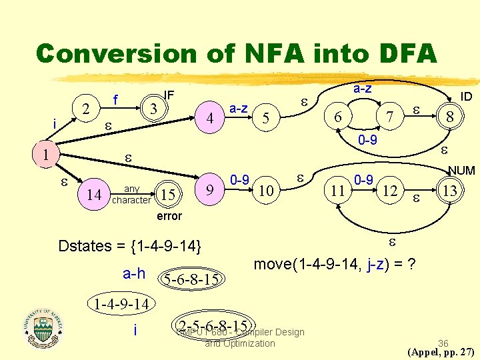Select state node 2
point(85,107)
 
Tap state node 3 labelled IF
point(153,107)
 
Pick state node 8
point(450,117)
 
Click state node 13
point(450,191)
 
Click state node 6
point(338,117)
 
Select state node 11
point(338,191)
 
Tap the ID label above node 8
point(466,97)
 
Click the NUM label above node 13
point(461,171)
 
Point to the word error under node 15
point(169,216)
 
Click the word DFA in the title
point(397,53)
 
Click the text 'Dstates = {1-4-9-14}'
point(129,245)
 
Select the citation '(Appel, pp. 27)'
point(441,351)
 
